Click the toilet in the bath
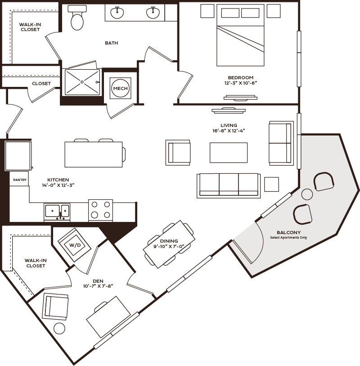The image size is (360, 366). coord(77,18)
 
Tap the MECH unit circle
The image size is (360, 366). coord(121,88)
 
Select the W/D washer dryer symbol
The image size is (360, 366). coord(75,245)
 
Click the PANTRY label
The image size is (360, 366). coord(20,180)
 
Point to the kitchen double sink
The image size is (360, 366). coord(57,212)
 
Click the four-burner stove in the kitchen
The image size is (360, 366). coord(100,210)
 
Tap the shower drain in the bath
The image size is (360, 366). coord(82,82)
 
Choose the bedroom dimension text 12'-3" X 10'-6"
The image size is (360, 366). coord(241,83)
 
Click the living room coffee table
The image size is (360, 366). coord(229,153)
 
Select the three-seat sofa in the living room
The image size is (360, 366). coord(229,186)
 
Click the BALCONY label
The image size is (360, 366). coord(288,232)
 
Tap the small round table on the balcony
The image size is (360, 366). coord(307,194)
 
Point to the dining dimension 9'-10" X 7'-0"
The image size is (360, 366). coord(169,246)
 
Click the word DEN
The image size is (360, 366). coord(98,281)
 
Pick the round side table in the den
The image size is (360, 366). coord(59,329)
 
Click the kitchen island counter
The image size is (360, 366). coord(94,154)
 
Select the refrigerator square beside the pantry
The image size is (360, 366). coord(18,156)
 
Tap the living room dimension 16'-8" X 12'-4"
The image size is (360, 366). coord(229,131)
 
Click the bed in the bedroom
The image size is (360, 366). coord(240,35)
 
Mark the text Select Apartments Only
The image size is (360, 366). coord(288,238)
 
